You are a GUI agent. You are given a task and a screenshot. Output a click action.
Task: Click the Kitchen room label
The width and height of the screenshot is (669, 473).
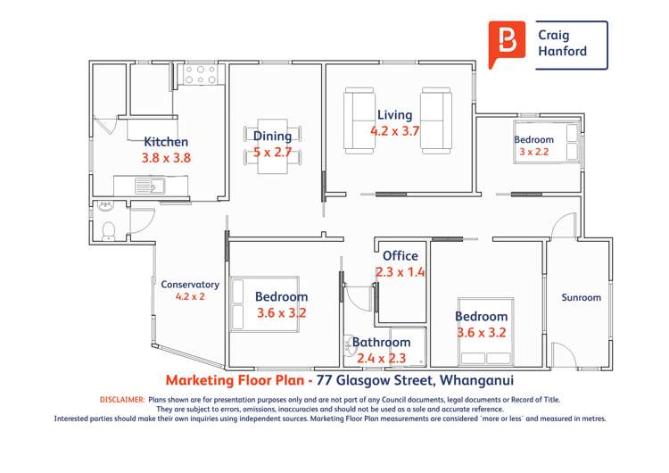pyautogui.click(x=166, y=142)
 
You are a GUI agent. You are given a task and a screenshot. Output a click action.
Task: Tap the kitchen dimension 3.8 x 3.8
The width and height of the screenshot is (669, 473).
pyautogui.click(x=166, y=157)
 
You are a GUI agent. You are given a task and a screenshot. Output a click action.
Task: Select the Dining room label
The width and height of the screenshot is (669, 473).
pyautogui.click(x=272, y=136)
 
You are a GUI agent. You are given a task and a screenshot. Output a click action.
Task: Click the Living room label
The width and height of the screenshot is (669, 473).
pyautogui.click(x=394, y=115)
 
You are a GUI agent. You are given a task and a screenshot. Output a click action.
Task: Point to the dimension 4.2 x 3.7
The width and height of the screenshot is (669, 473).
pyautogui.click(x=394, y=130)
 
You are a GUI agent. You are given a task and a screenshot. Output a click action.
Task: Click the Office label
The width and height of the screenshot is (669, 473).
pyautogui.click(x=400, y=256)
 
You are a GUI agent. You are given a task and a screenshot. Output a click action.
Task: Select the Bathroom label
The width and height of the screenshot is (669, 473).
pyautogui.click(x=381, y=343)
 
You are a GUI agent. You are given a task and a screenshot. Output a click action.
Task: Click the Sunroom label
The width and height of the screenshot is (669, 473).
pyautogui.click(x=581, y=298)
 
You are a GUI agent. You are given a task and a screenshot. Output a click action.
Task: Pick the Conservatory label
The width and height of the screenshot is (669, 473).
pyautogui.click(x=189, y=285)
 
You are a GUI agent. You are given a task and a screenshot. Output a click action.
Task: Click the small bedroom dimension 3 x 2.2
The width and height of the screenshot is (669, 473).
pyautogui.click(x=533, y=152)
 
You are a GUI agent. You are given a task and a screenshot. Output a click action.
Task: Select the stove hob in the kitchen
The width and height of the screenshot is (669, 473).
pyautogui.click(x=201, y=74)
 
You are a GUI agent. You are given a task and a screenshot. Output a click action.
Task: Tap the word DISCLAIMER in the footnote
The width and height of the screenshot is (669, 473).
pyautogui.click(x=121, y=400)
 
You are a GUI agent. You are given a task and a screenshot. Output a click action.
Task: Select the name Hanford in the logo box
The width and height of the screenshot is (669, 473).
pyautogui.click(x=562, y=52)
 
